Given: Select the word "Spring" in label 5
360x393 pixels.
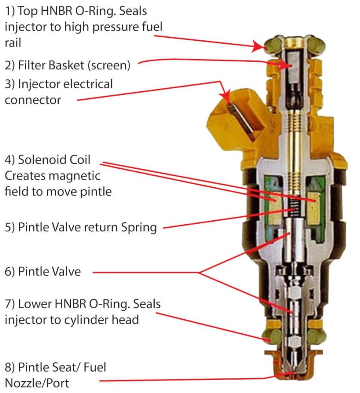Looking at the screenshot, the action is (139, 228).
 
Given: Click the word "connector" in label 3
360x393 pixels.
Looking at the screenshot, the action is (33, 100).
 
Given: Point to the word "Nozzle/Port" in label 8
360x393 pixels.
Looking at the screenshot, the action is (37, 383).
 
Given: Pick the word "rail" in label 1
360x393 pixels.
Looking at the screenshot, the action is (13, 42).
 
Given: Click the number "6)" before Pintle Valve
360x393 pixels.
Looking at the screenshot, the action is (10, 272).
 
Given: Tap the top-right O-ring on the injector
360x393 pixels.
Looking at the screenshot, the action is (316, 45).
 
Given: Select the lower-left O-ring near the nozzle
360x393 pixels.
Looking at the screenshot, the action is (272, 336).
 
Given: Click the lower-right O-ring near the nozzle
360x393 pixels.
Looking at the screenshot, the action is (316, 336).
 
